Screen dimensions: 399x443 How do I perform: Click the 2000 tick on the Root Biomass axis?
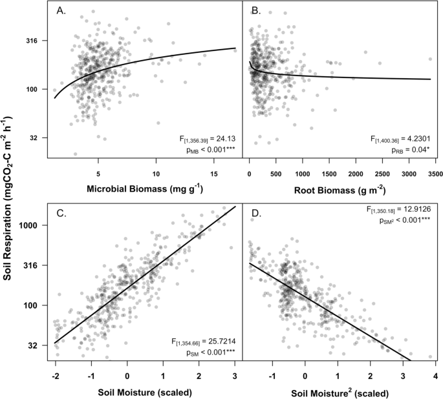point(356,172)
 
